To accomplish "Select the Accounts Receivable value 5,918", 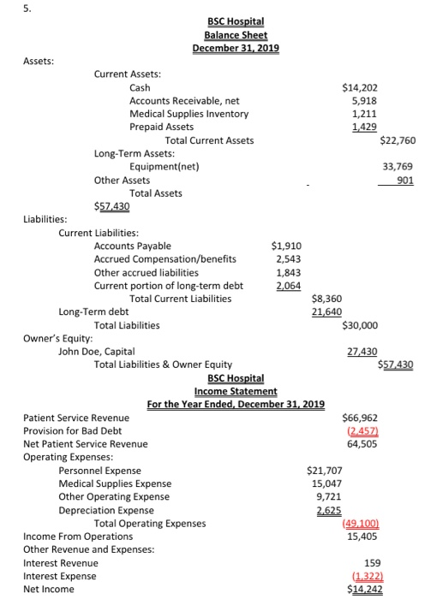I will [x=365, y=101].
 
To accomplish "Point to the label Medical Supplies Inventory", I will [x=189, y=115].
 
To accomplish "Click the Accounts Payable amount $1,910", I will [x=286, y=246].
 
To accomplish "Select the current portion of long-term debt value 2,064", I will [x=290, y=286].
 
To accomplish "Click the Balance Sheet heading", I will [x=236, y=35].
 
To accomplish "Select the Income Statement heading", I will [x=236, y=391].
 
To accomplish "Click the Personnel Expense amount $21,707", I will [x=325, y=471].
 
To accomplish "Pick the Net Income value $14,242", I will [x=364, y=590].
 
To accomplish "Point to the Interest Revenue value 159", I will [x=372, y=563].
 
